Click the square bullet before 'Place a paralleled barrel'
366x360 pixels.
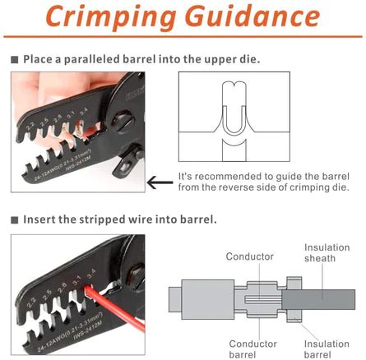(14, 59)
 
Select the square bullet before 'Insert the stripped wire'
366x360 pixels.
(14, 219)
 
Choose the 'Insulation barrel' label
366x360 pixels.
(327, 349)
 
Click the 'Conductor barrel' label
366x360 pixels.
(252, 349)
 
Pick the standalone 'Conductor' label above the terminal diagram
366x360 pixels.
(250, 256)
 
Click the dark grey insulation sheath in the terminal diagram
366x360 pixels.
(329, 296)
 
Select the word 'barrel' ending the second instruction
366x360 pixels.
(198, 219)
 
